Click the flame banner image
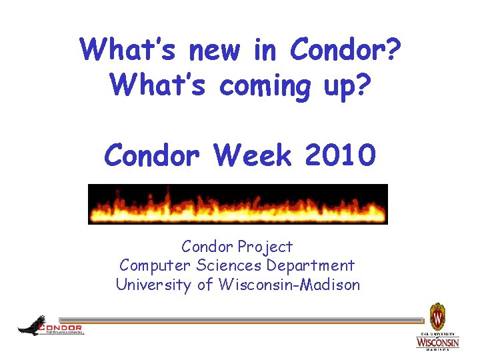click(238, 204)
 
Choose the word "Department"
click(311, 266)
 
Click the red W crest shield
click(437, 314)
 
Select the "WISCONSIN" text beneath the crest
click(437, 342)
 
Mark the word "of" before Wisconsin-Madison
click(205, 285)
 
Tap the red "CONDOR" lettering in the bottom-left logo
click(61, 327)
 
